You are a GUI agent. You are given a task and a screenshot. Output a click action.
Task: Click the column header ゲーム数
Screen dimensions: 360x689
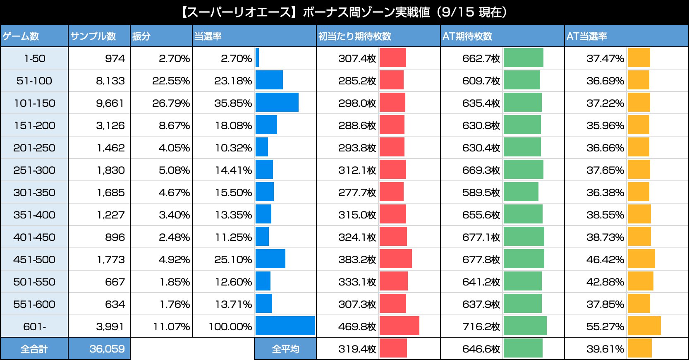(x=21, y=36)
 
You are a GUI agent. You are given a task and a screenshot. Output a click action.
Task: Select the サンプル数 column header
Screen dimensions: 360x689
(x=93, y=36)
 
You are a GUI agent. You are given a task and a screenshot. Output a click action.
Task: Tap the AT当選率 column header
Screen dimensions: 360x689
(x=587, y=36)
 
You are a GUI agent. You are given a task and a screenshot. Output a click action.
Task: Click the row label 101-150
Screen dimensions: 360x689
(x=34, y=103)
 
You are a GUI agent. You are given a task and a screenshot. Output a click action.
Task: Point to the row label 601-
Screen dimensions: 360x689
(x=34, y=326)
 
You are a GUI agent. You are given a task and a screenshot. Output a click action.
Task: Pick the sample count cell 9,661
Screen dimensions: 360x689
(x=110, y=103)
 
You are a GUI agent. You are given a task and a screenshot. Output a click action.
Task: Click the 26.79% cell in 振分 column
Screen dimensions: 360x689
(x=171, y=103)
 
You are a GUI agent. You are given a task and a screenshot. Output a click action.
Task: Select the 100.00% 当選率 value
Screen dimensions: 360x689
(x=230, y=326)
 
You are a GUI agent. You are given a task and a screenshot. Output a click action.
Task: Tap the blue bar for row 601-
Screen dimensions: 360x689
(x=285, y=326)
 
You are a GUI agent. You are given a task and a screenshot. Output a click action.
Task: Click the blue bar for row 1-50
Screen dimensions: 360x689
(x=257, y=58)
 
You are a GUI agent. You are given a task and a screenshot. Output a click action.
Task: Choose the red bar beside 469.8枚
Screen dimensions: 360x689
(x=399, y=326)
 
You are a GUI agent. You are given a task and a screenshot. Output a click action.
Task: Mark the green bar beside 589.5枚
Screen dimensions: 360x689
(x=521, y=192)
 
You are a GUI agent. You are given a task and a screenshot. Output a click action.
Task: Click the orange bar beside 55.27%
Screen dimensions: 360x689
(x=644, y=326)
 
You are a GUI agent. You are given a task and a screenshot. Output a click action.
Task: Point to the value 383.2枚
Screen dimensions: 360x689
(x=357, y=259)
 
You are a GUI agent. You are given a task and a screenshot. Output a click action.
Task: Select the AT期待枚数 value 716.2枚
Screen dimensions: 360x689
(x=481, y=326)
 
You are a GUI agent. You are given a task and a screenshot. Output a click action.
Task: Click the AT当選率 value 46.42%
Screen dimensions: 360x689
(x=605, y=259)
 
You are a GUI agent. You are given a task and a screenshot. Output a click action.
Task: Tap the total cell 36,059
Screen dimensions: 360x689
(x=107, y=349)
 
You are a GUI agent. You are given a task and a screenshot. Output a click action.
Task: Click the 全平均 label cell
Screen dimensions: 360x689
(x=285, y=349)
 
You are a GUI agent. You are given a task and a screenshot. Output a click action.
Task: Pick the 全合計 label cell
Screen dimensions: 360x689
(x=34, y=349)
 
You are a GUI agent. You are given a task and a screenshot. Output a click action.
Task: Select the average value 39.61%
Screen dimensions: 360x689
(x=605, y=349)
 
